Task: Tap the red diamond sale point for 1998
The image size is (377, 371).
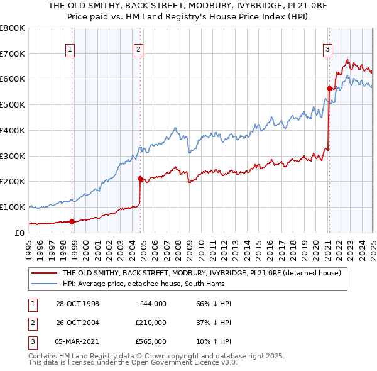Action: click(x=72, y=221)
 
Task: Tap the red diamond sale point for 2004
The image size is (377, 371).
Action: click(x=140, y=179)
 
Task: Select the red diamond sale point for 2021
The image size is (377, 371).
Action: click(x=329, y=88)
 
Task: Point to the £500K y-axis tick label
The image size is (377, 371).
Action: click(x=13, y=104)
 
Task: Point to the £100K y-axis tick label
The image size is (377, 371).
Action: click(x=13, y=207)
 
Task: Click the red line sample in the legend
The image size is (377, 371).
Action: click(x=44, y=274)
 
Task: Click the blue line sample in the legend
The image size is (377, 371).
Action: click(x=44, y=284)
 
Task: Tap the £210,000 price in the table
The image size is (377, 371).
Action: click(x=151, y=323)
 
